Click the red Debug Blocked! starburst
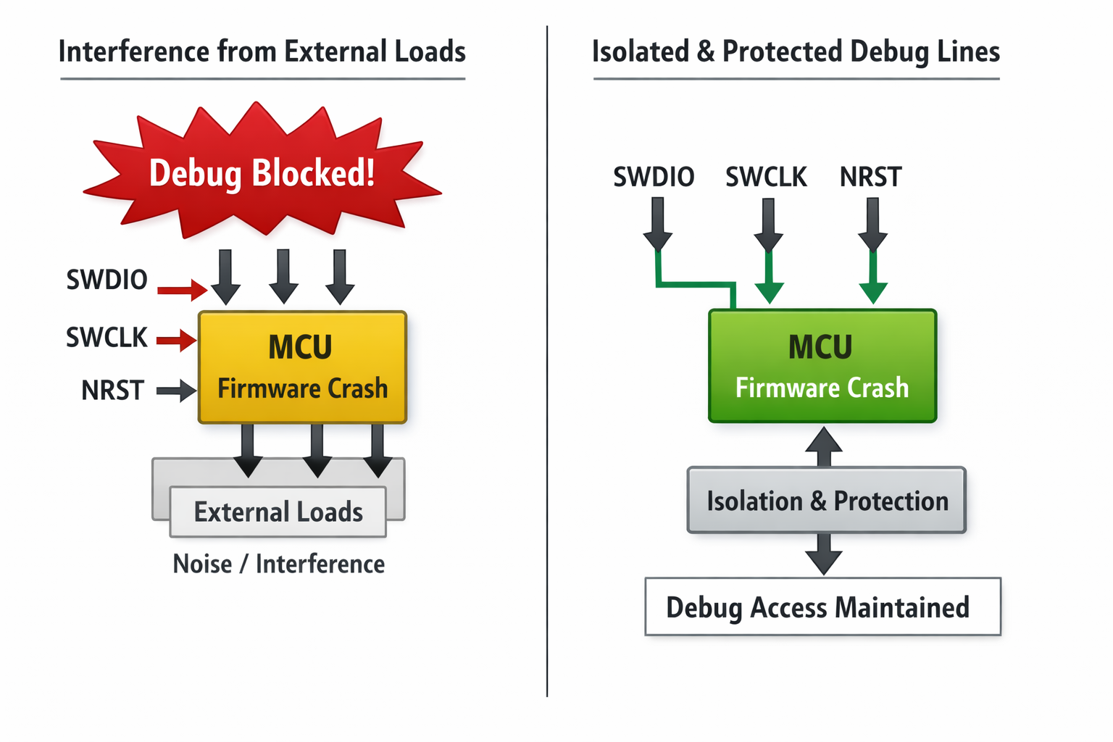coord(262,174)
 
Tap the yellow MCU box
coord(302,367)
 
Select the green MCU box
coord(822,366)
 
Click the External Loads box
coord(278,512)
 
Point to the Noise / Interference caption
coord(278,564)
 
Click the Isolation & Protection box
coord(827,501)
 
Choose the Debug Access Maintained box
coord(822,607)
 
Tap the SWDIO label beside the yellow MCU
coord(107,280)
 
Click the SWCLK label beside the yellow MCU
coord(107,338)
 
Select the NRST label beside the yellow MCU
coord(112,391)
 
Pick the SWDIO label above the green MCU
coord(654,177)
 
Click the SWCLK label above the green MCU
coord(766,177)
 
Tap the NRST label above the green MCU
coord(870,177)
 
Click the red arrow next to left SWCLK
coord(176,339)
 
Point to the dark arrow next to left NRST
coord(176,391)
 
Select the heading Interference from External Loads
coord(262,52)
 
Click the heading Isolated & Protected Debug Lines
coord(796,52)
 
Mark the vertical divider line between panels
coord(547,362)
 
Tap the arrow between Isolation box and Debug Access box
coord(824,554)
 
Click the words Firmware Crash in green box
coord(822,388)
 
